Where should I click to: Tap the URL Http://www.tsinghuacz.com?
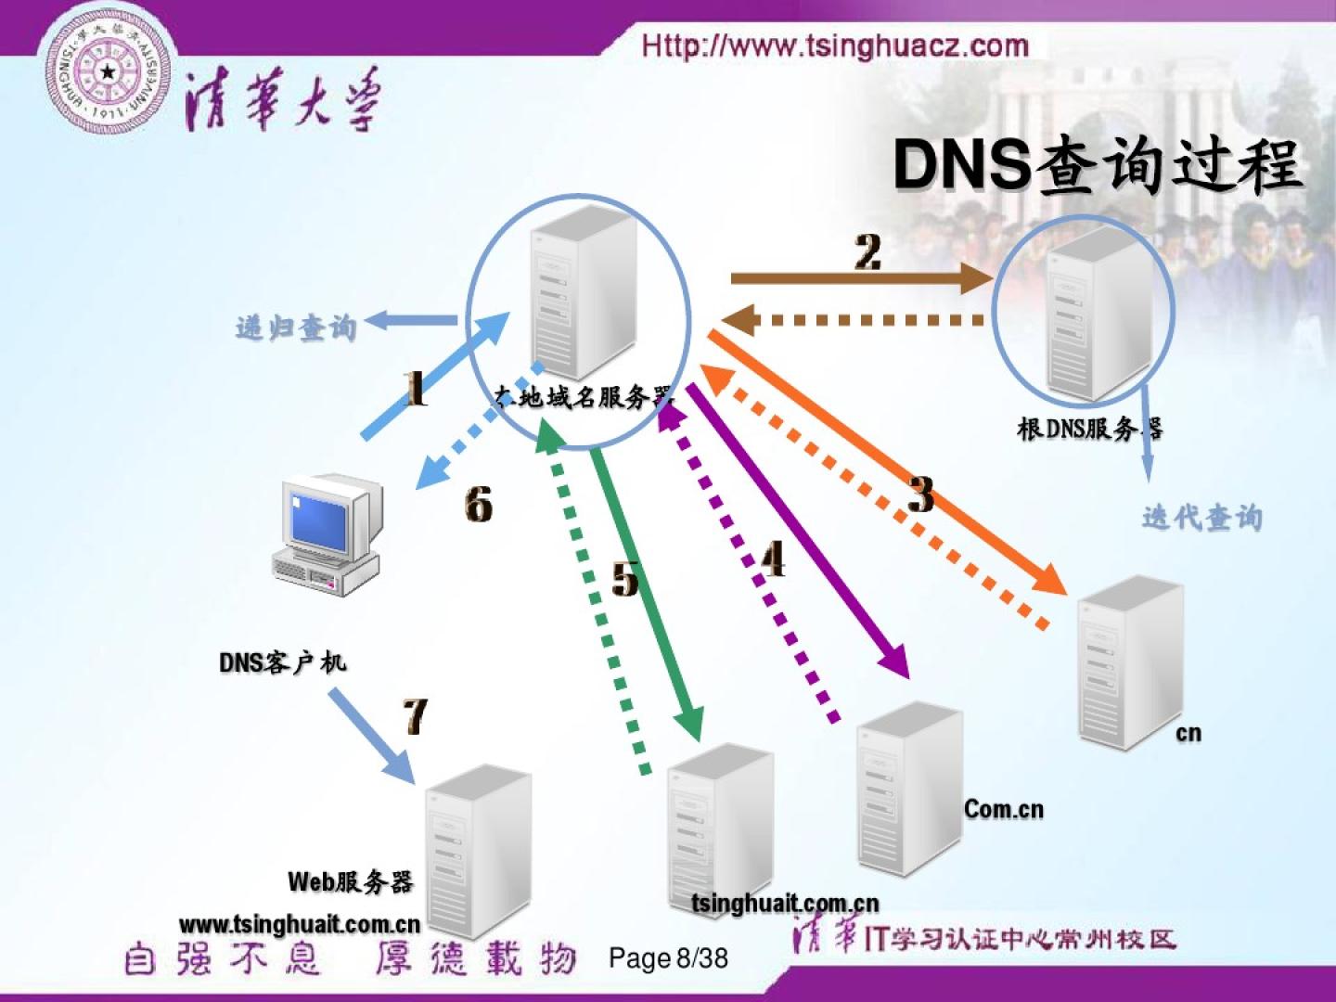(835, 45)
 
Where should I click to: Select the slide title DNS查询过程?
(1097, 165)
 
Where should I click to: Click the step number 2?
(867, 252)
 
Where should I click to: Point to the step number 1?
(417, 389)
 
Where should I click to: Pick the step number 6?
(478, 505)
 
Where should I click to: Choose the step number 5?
(625, 579)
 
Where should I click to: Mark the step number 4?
(773, 559)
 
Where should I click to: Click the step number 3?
(920, 495)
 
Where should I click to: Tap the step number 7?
(415, 715)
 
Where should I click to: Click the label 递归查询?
(296, 328)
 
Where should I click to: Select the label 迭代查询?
(1201, 518)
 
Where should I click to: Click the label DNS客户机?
(282, 662)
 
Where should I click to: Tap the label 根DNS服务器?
(1089, 429)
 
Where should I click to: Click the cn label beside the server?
(1188, 733)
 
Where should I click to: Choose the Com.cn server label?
(1004, 809)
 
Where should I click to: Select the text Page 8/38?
(668, 957)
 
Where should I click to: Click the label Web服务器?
(350, 881)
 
